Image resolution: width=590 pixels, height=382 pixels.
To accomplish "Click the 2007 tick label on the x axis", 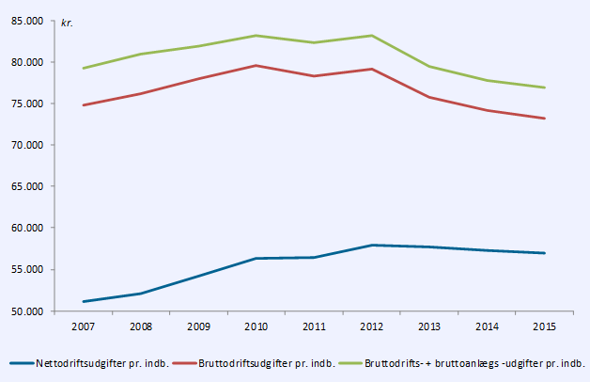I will (84, 326).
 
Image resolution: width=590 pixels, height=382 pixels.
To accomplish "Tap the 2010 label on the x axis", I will (256, 326).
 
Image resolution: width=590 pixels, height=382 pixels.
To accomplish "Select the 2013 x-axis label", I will (429, 326).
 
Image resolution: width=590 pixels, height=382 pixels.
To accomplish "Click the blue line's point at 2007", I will (84, 301).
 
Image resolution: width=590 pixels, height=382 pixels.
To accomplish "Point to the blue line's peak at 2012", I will (372, 246).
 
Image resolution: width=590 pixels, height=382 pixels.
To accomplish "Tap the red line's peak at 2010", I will (256, 66).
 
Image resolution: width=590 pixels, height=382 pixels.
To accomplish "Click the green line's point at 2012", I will (372, 36).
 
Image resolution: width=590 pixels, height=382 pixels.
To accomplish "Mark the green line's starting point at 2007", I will (84, 68).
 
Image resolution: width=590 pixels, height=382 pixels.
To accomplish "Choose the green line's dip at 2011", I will (314, 42).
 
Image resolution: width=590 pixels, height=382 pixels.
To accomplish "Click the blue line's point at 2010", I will (256, 258).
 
